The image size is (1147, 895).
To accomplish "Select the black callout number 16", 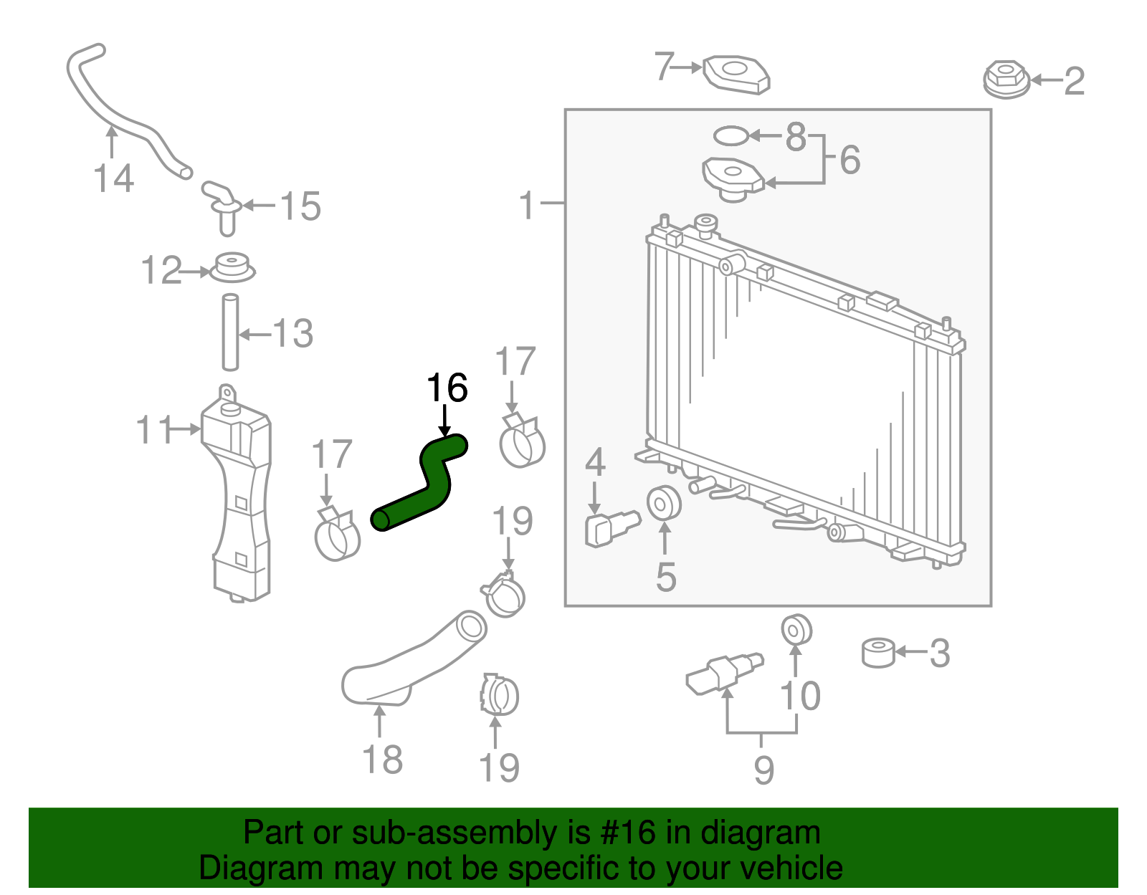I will point(447,388).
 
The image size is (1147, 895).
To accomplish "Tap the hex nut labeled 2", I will point(1006,79).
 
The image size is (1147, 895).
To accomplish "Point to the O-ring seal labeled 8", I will point(730,135).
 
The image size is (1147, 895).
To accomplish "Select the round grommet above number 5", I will point(664,503).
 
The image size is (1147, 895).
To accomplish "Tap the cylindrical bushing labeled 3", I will point(878,652).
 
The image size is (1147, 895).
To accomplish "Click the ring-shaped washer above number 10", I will point(796,629).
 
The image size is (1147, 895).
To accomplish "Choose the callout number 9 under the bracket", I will point(763,770).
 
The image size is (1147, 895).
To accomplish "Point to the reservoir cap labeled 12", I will point(232,268).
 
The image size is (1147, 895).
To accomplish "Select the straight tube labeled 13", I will point(230,332).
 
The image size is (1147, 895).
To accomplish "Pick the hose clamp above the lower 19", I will point(500,695).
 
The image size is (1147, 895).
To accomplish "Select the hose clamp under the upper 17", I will point(522,442).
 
